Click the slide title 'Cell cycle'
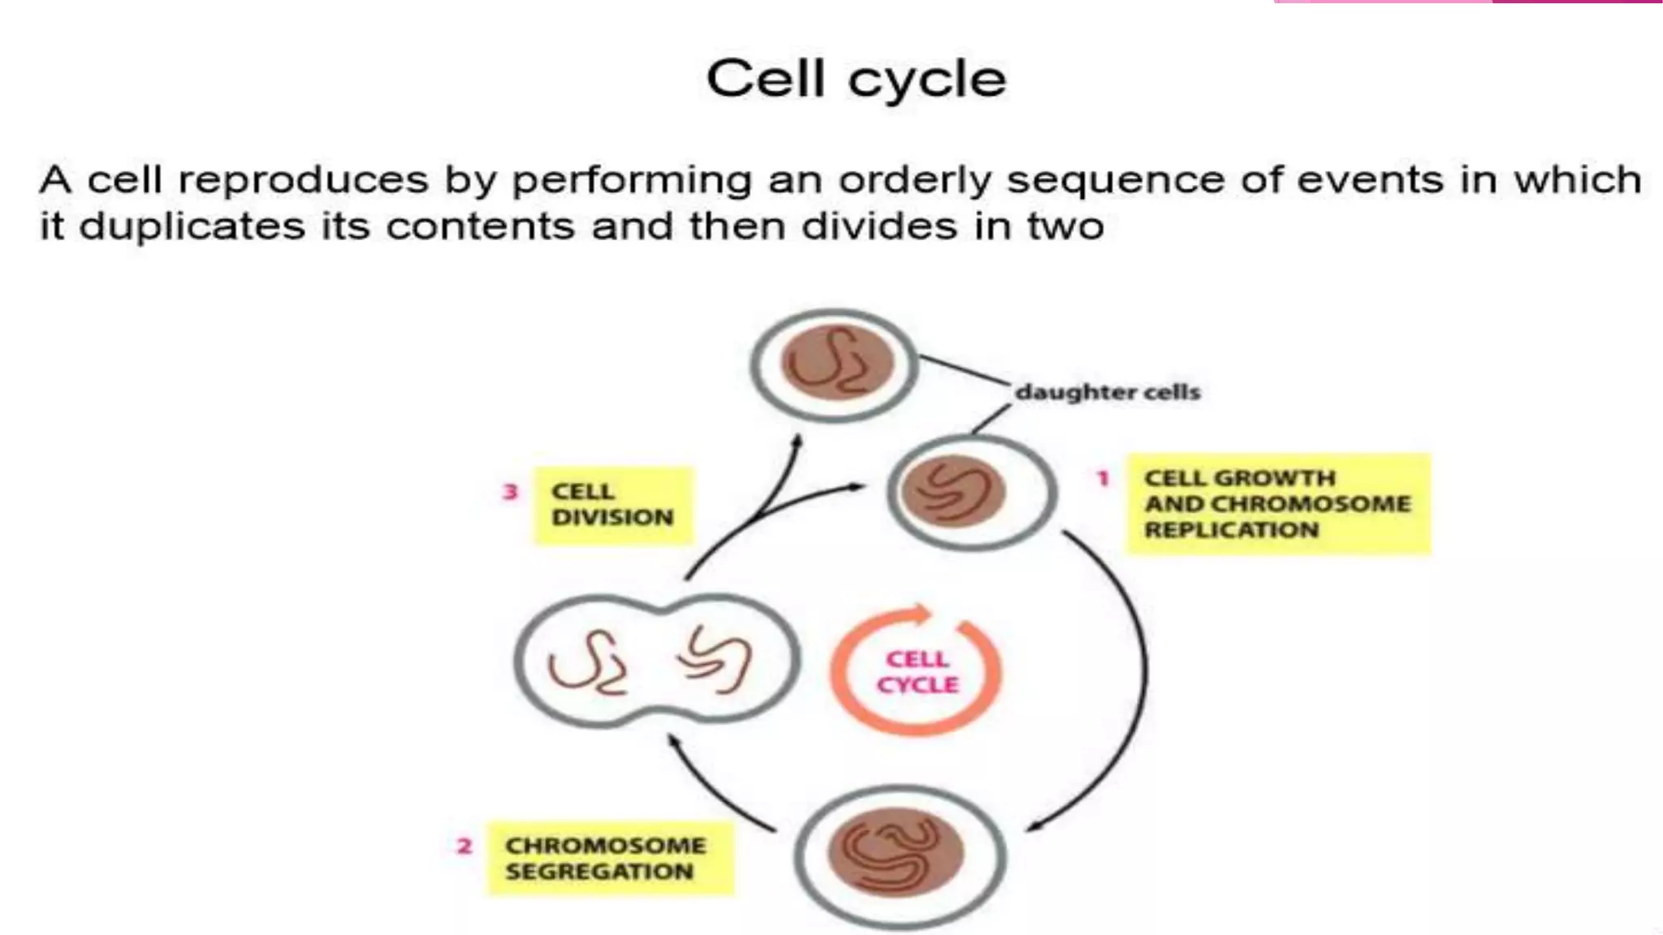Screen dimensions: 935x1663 pos(856,80)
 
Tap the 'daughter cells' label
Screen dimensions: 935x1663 pos(1108,392)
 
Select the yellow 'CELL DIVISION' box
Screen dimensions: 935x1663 pos(613,505)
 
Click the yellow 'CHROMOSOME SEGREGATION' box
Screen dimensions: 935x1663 pos(609,859)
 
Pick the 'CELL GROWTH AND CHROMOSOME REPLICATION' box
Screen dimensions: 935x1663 pos(1277,504)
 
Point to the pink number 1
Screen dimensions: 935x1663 pos(1103,479)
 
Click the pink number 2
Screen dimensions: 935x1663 pos(464,847)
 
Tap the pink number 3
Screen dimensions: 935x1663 pos(510,492)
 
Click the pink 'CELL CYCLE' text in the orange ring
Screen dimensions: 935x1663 pos(917,672)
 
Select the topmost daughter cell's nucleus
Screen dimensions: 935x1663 pos(836,363)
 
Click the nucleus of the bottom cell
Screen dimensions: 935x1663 pos(896,852)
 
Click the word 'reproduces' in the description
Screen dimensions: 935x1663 pos(302,180)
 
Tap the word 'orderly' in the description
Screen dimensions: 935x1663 pos(915,180)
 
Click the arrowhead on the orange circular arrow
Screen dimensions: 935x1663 pos(921,614)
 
